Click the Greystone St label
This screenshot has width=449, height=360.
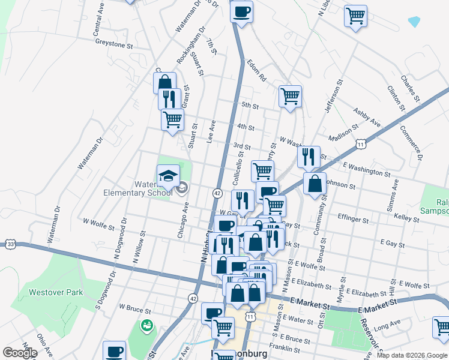112,44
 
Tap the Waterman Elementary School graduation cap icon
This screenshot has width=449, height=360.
168,175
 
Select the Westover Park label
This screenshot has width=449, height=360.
56,293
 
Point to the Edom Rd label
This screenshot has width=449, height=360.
255,70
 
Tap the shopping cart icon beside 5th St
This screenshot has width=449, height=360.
290,95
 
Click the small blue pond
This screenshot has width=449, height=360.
414,22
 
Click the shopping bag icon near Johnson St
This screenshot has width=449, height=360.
315,184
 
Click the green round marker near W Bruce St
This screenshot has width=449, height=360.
146,326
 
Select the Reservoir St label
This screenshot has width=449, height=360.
367,335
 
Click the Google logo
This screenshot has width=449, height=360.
20,353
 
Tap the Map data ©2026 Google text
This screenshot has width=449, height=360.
412,355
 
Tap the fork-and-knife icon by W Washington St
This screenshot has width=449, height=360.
309,157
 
